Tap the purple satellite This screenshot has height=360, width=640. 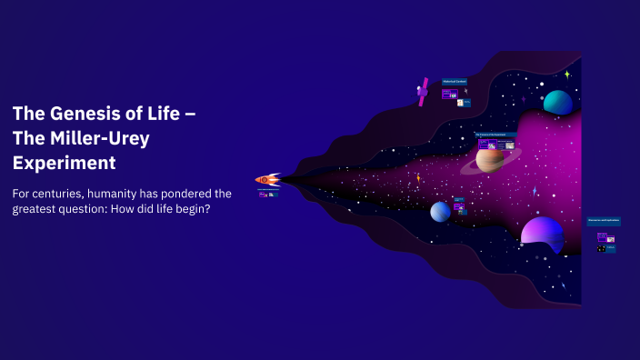[x=423, y=91]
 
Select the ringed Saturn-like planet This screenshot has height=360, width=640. [x=491, y=160]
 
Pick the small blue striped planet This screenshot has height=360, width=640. [x=440, y=211]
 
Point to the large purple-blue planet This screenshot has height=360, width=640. [x=542, y=232]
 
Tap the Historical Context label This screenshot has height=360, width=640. [x=454, y=82]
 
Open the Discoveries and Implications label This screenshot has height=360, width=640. [x=603, y=221]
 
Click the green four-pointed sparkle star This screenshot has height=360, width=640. [x=566, y=75]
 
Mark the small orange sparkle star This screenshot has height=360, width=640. [x=418, y=178]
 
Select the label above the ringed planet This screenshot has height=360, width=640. [x=496, y=135]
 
